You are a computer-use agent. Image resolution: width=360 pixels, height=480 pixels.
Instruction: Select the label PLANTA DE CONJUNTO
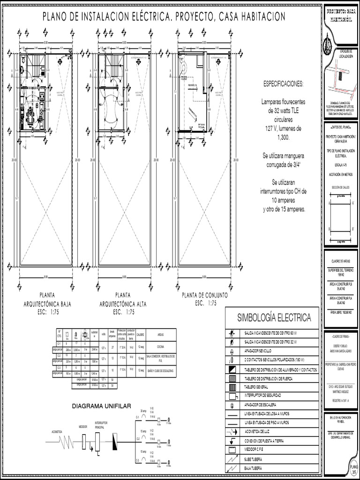pyautogui.click(x=205, y=296)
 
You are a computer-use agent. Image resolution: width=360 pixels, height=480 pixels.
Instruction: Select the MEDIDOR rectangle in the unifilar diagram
pyautogui.click(x=83, y=441)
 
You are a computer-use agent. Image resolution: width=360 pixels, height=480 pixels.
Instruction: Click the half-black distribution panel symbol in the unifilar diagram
pyautogui.click(x=115, y=441)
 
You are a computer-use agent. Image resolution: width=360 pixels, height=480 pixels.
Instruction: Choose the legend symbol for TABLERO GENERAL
pyautogui.click(x=233, y=387)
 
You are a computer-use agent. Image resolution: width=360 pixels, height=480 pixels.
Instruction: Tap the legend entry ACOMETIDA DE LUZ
pyautogui.click(x=259, y=431)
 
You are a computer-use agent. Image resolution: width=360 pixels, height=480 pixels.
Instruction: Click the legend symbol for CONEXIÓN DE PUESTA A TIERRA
pyautogui.click(x=233, y=441)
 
